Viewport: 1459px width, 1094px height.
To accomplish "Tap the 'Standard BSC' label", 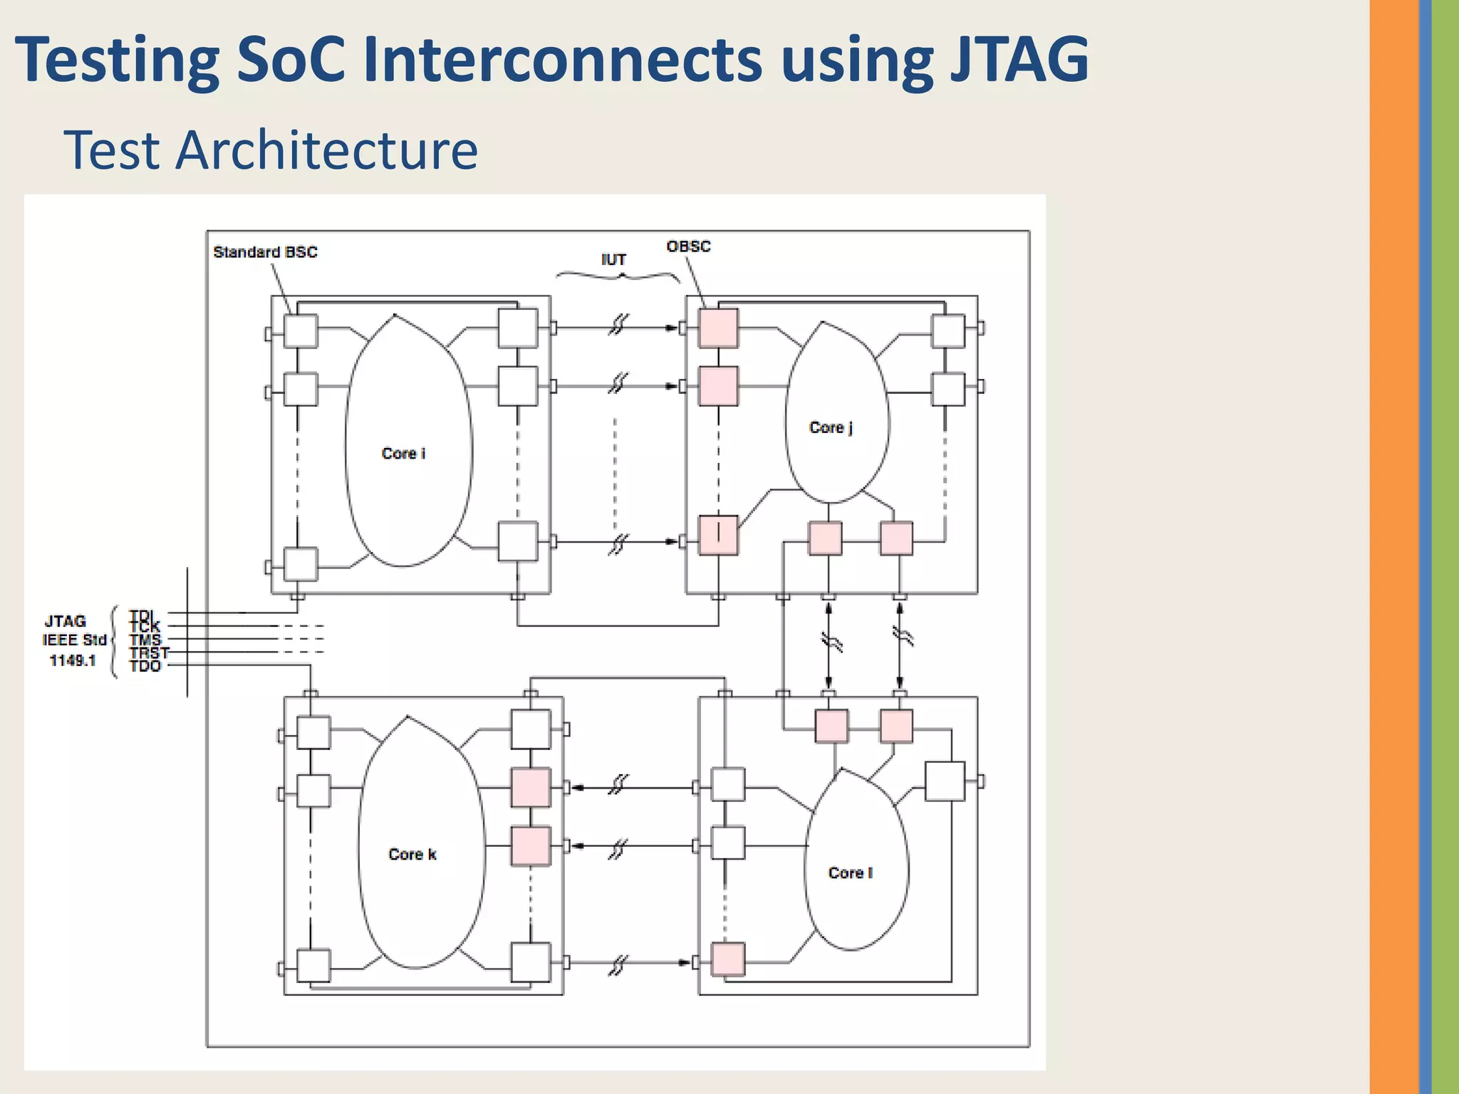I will pos(265,252).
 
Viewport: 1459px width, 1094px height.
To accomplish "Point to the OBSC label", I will pos(688,246).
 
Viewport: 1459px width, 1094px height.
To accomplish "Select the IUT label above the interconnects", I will pos(613,260).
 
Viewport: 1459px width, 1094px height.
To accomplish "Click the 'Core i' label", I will pos(403,454).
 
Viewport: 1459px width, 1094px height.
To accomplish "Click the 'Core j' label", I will pos(831,427).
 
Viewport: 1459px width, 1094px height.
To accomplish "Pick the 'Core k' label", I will pos(412,854).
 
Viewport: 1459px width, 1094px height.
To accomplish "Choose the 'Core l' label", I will pos(850,872).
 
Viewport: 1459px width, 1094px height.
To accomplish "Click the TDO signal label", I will pos(145,667).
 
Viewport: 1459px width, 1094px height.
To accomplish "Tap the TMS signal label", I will pos(145,640).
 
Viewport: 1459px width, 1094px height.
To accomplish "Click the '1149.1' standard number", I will pos(73,661).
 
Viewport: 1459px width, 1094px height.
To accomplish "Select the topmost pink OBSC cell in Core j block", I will pos(718,328).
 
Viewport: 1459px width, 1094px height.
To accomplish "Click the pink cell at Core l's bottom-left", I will pos(728,959).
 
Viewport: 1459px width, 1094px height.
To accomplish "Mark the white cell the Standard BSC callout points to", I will pos(301,330).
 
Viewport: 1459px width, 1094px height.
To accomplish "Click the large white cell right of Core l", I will pos(945,781).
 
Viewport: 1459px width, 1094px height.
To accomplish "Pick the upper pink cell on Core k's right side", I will pos(531,788).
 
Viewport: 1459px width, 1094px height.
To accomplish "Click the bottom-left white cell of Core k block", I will pos(313,966).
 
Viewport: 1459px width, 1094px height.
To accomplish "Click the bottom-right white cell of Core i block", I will pos(518,541).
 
